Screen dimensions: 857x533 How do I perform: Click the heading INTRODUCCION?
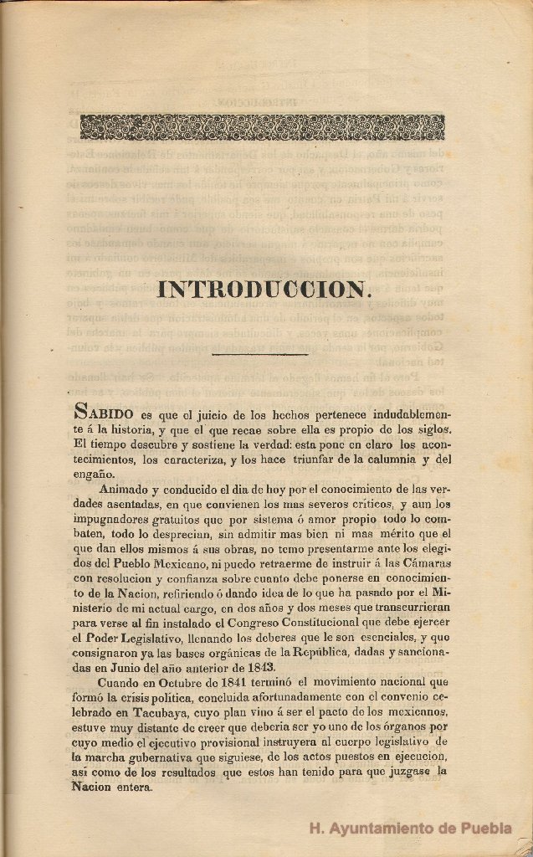point(264,290)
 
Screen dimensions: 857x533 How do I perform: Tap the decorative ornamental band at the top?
point(262,127)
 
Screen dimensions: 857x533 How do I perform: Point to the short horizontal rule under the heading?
point(260,354)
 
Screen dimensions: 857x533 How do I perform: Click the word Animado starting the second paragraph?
point(126,489)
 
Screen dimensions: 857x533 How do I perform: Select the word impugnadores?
point(115,519)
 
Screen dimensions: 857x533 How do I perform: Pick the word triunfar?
point(290,459)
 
